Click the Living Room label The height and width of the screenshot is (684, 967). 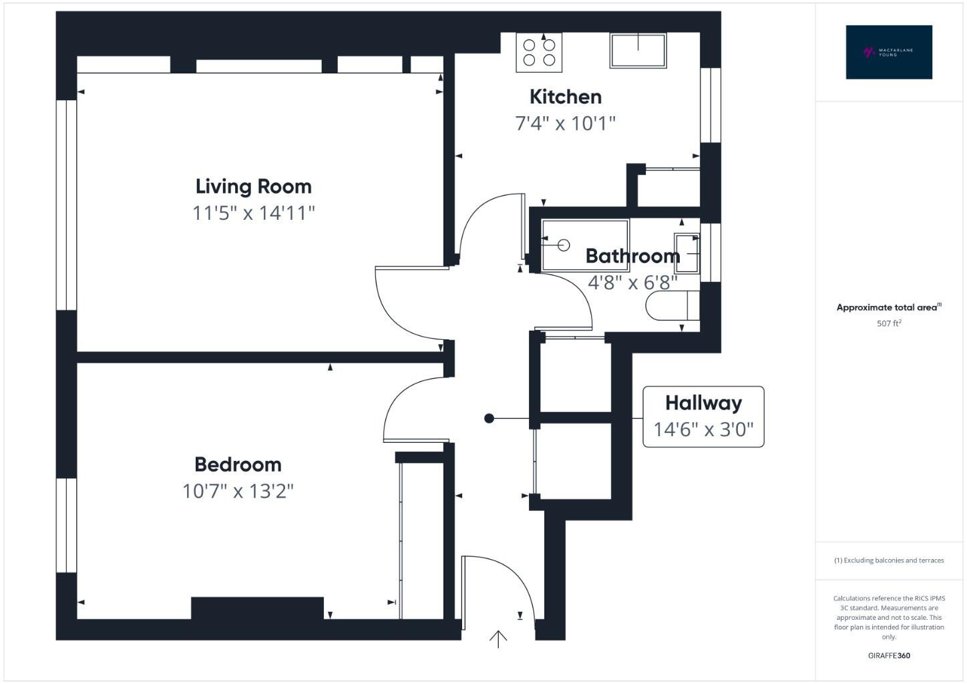pyautogui.click(x=253, y=186)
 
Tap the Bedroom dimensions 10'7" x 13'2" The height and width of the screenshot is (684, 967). pyautogui.click(x=238, y=492)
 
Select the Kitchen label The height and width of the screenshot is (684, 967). pyautogui.click(x=565, y=97)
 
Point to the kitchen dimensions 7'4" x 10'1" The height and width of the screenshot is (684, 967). pyautogui.click(x=565, y=124)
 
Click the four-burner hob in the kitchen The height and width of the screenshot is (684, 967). pyautogui.click(x=539, y=53)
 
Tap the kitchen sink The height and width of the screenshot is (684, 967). pyautogui.click(x=638, y=51)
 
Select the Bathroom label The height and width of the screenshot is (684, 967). pyautogui.click(x=632, y=256)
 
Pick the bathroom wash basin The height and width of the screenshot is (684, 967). pyautogui.click(x=687, y=254)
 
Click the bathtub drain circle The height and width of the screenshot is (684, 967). pyautogui.click(x=563, y=245)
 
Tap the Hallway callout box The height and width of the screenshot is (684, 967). pyautogui.click(x=703, y=416)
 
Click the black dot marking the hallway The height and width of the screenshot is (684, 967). pyautogui.click(x=489, y=418)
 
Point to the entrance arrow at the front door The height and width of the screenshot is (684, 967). pyautogui.click(x=498, y=639)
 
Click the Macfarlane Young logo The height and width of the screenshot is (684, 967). pyautogui.click(x=888, y=52)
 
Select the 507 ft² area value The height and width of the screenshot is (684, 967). pyautogui.click(x=889, y=323)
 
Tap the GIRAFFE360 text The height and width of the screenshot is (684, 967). pyautogui.click(x=889, y=655)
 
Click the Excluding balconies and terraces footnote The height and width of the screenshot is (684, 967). pyautogui.click(x=889, y=560)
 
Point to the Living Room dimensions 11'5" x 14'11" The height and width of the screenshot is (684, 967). pyautogui.click(x=253, y=213)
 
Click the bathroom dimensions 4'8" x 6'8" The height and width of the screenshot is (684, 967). pyautogui.click(x=632, y=283)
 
